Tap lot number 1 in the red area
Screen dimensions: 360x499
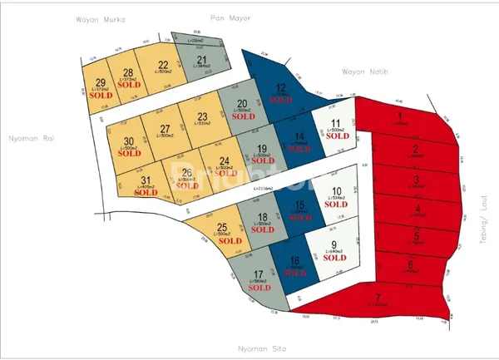[x=400, y=116]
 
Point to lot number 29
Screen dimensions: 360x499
[x=101, y=82]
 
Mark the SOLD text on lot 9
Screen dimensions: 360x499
[x=334, y=258]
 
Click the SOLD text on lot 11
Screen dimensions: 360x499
[x=336, y=136]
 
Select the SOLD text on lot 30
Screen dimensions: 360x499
[x=129, y=154]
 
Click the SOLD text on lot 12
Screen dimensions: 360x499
[x=281, y=100]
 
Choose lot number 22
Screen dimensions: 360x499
[x=164, y=66]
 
